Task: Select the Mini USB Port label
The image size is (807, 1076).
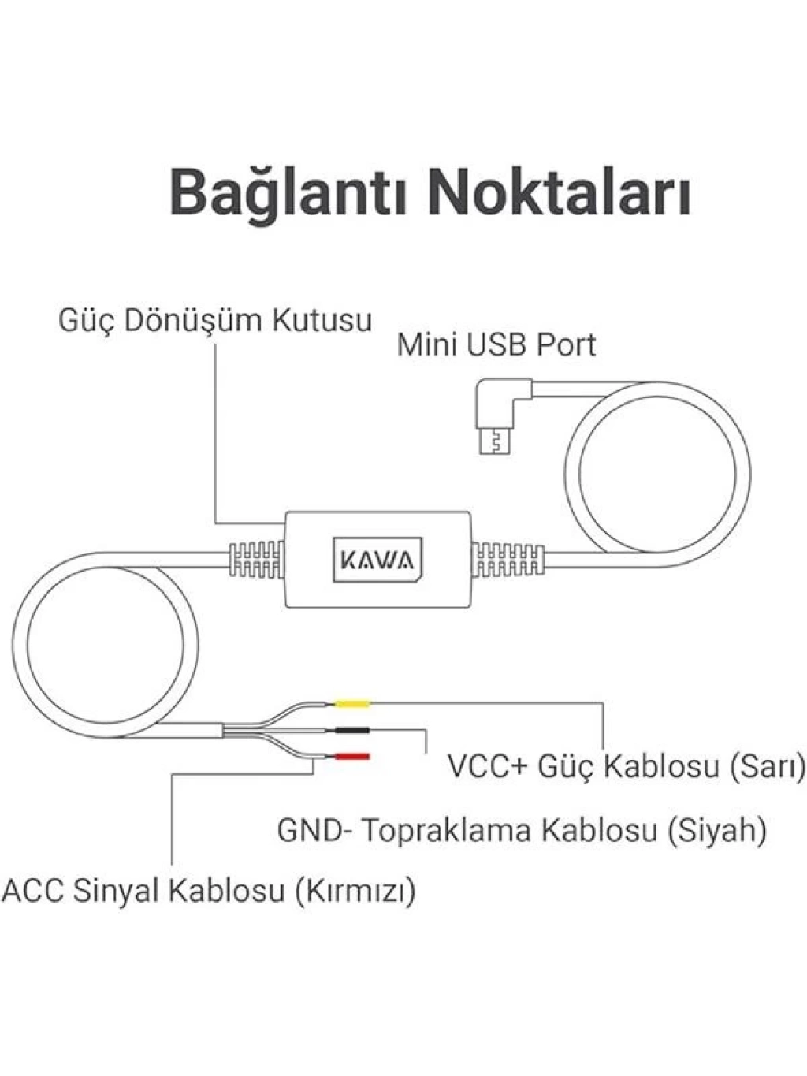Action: click(496, 344)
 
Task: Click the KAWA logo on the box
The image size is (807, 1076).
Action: click(377, 560)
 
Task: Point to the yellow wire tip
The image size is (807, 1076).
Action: click(352, 704)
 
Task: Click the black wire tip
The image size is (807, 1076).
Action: click(352, 730)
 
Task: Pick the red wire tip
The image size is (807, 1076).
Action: click(352, 757)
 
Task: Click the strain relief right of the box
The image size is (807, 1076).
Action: click(508, 560)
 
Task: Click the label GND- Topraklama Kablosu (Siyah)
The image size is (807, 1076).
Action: click(522, 830)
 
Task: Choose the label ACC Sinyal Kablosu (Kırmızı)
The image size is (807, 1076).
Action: click(209, 890)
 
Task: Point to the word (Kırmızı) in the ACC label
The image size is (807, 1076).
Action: click(355, 890)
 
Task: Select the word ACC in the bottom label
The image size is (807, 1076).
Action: click(33, 890)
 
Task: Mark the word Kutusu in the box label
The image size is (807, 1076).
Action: click(322, 321)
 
